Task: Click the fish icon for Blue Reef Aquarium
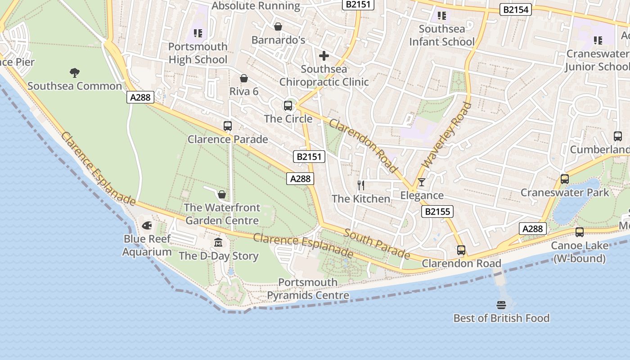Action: [x=147, y=225]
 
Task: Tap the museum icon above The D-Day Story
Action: [x=218, y=243]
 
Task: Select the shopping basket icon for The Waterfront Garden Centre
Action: [x=221, y=194]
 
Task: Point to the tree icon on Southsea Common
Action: [x=75, y=72]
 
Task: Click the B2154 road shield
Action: [x=516, y=9]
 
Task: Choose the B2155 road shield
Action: [x=437, y=211]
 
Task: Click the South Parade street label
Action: [x=377, y=244]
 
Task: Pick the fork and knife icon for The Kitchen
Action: [x=360, y=185]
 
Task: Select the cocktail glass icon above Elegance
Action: [x=421, y=182]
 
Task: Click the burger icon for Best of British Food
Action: [x=501, y=305]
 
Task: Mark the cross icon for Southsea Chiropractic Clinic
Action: [x=324, y=56]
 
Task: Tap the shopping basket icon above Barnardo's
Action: [x=278, y=27]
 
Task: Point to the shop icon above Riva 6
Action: [x=244, y=78]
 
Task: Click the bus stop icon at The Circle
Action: [x=288, y=106]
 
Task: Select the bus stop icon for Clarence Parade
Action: [x=228, y=126]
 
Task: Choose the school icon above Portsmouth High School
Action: [x=198, y=33]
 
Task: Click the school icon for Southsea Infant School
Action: [x=441, y=16]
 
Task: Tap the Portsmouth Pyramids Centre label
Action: [x=308, y=289]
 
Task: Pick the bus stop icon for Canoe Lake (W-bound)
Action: [x=580, y=232]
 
